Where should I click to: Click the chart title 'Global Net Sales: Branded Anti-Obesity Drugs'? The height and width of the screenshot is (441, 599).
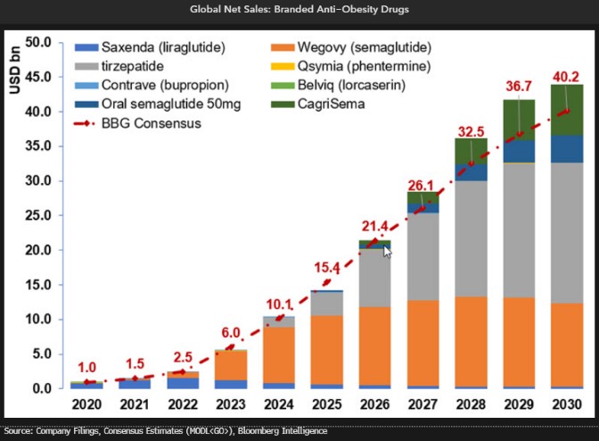[299, 10]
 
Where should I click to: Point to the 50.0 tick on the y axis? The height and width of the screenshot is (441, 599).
[39, 42]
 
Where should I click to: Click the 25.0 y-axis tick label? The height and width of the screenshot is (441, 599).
[39, 215]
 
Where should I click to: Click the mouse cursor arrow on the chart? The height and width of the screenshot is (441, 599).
[387, 253]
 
